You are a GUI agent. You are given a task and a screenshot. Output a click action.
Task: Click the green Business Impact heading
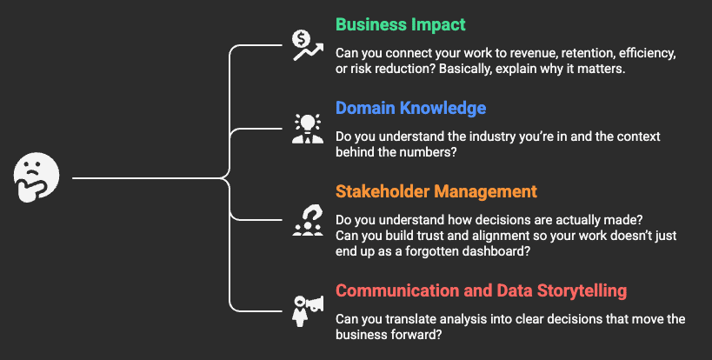401,24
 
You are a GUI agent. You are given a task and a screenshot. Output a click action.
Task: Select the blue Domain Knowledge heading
411,108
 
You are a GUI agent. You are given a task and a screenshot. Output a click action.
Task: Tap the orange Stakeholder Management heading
436,191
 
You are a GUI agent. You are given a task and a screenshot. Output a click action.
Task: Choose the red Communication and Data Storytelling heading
482,290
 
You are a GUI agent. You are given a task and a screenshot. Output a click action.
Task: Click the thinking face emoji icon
37,177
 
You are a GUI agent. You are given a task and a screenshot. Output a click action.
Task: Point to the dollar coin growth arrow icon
308,45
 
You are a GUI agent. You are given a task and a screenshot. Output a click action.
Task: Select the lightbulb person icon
308,129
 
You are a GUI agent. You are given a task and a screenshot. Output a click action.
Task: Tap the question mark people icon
308,220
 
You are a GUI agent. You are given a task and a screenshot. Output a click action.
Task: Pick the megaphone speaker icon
308,311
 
